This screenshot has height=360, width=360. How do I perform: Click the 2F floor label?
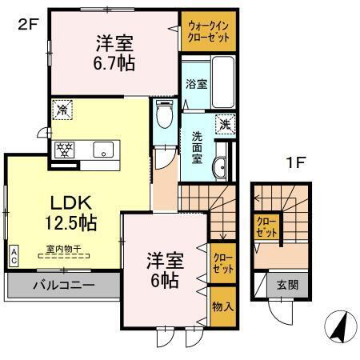(28, 25)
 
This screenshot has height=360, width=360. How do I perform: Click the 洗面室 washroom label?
(196, 145)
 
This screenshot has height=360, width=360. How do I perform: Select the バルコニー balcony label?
(64, 286)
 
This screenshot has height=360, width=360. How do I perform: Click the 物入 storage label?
(223, 306)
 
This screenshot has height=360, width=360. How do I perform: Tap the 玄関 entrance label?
(287, 284)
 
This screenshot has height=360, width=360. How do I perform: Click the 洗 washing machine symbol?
(226, 123)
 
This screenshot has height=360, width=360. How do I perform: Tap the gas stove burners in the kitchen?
(64, 148)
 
